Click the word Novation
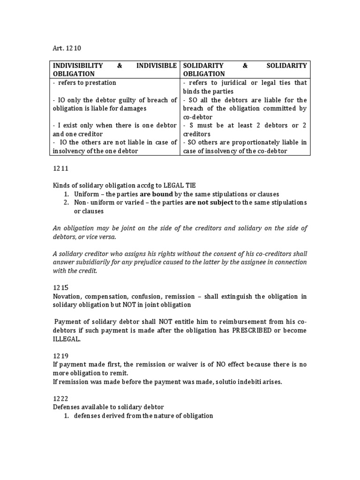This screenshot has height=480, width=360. coord(65,296)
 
